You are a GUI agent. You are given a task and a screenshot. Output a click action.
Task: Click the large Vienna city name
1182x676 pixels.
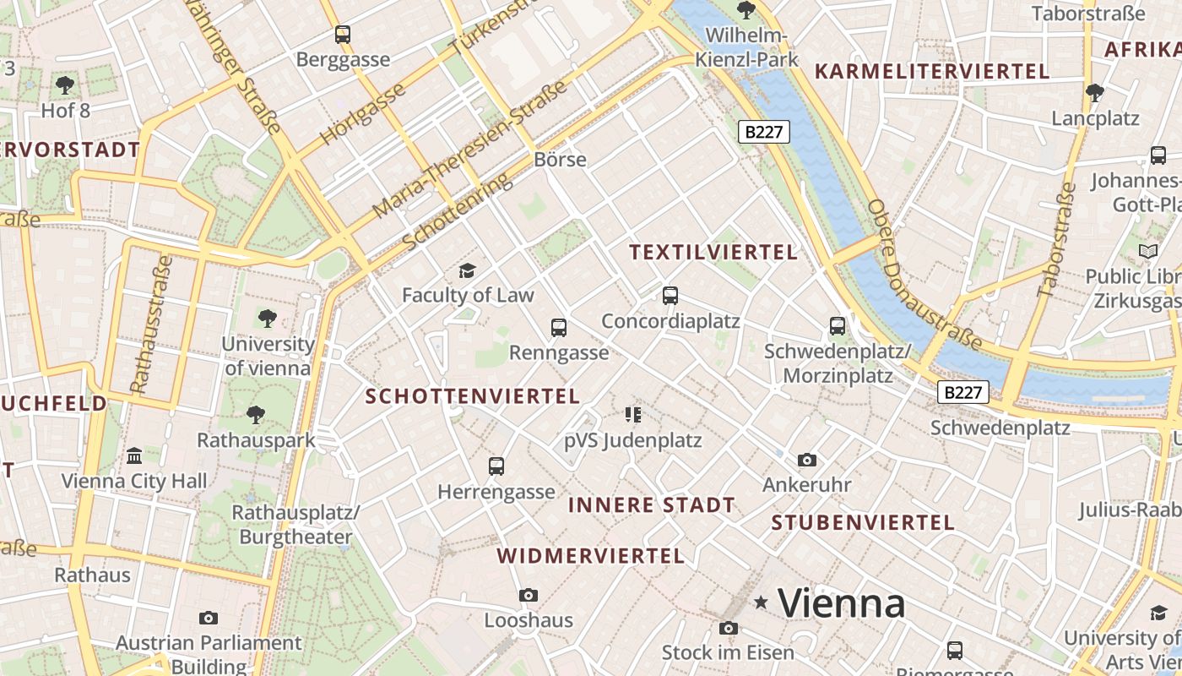pyautogui.click(x=841, y=603)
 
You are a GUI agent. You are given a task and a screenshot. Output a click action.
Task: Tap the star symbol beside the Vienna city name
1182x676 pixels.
pyautogui.click(x=762, y=602)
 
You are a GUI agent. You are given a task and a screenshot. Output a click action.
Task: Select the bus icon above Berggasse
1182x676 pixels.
pyautogui.click(x=342, y=35)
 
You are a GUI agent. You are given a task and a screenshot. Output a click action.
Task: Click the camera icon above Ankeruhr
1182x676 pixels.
pyautogui.click(x=807, y=461)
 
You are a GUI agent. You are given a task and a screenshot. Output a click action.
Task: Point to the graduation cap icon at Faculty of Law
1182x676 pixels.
pyautogui.click(x=467, y=270)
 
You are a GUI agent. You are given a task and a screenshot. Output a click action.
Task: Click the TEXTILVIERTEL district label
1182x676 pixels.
pyautogui.click(x=713, y=253)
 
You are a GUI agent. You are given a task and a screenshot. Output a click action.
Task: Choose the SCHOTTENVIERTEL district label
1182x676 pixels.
pyautogui.click(x=472, y=396)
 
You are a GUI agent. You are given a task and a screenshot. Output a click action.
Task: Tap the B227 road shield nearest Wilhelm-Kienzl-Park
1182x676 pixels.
pyautogui.click(x=765, y=132)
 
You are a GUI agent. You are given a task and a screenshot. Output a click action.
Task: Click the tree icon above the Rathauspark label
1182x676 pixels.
pyautogui.click(x=256, y=415)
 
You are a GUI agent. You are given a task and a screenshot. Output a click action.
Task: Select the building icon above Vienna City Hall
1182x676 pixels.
pyautogui.click(x=134, y=456)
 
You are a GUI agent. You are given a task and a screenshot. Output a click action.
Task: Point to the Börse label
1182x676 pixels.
pyautogui.click(x=560, y=160)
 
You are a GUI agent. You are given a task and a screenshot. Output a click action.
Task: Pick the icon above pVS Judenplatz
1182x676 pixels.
pyautogui.click(x=633, y=415)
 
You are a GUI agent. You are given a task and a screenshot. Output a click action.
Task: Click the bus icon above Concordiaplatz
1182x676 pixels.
pyautogui.click(x=670, y=296)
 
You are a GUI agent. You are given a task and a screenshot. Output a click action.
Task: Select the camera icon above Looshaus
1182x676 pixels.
pyautogui.click(x=529, y=596)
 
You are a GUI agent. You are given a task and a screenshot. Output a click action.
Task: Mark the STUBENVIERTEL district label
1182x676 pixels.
pyautogui.click(x=863, y=522)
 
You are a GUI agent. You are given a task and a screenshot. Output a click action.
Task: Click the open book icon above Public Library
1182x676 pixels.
pyautogui.click(x=1148, y=251)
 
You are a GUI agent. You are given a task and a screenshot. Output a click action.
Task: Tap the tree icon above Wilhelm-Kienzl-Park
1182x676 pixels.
pyautogui.click(x=746, y=10)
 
